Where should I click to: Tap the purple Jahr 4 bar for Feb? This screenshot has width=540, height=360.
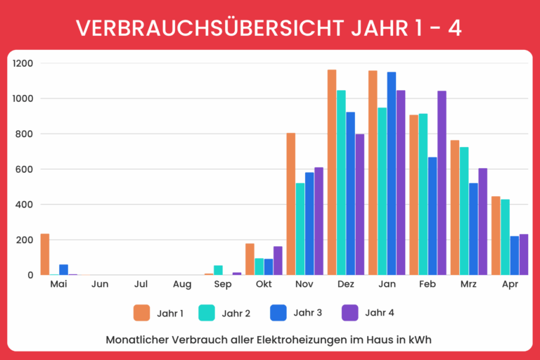(x=442, y=183)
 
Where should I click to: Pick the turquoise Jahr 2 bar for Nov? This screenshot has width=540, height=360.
(x=300, y=229)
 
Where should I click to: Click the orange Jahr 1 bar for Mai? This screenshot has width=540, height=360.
(x=45, y=255)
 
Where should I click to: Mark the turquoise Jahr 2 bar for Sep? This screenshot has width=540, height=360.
(x=218, y=270)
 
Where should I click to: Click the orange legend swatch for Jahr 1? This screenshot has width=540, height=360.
(x=142, y=312)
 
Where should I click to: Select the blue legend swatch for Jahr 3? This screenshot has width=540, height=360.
(x=279, y=312)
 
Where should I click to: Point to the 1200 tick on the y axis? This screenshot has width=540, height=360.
(x=22, y=63)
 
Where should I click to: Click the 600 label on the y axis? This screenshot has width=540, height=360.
(x=25, y=169)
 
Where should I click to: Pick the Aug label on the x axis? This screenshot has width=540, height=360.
(x=181, y=285)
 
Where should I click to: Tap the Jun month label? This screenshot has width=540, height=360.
(x=100, y=285)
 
